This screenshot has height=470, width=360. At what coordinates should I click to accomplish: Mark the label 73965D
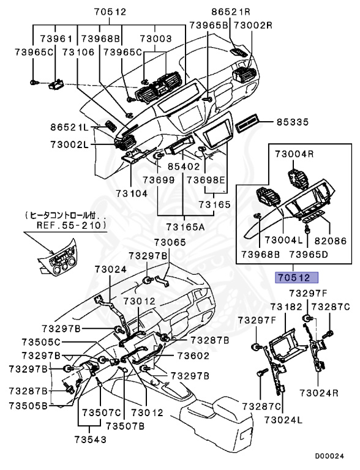coord(309,253)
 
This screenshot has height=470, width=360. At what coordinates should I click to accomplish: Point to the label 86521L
coord(70,127)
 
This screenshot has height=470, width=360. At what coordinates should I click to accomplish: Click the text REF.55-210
coord(66,225)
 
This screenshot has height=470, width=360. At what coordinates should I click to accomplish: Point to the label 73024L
coord(284,420)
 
